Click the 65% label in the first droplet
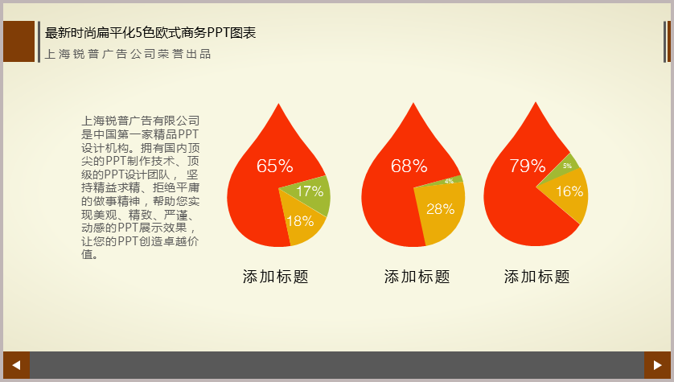click(275, 166)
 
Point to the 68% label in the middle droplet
click(409, 166)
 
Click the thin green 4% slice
click(449, 181)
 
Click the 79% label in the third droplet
click(528, 166)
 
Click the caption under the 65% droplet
click(276, 277)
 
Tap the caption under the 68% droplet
click(417, 277)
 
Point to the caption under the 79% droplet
click(537, 277)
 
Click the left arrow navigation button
click(16, 365)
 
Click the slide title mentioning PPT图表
click(150, 33)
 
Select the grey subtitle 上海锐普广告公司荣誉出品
click(128, 54)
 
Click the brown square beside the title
click(19, 41)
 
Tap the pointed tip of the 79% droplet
click(536, 102)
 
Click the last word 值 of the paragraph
click(87, 254)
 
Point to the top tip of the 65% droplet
click(278, 104)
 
